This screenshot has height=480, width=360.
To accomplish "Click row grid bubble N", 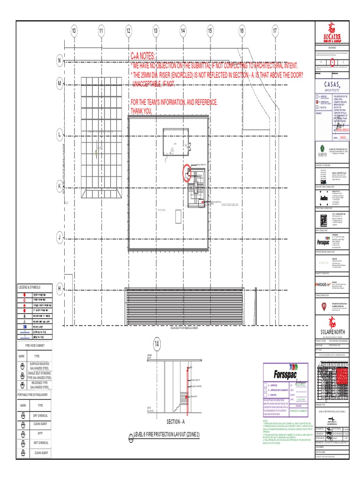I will point(60,61).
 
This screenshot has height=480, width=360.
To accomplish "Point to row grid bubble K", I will point(60,186).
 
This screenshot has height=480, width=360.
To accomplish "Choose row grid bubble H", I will point(60,289).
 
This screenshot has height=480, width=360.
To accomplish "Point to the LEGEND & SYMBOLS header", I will point(30,286).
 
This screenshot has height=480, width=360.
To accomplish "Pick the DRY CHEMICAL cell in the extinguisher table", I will point(40,416).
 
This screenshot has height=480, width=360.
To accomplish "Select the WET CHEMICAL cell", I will point(40,442).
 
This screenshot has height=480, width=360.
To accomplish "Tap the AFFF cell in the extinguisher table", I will point(40,434).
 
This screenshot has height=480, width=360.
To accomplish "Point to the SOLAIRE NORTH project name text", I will point(332,332).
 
